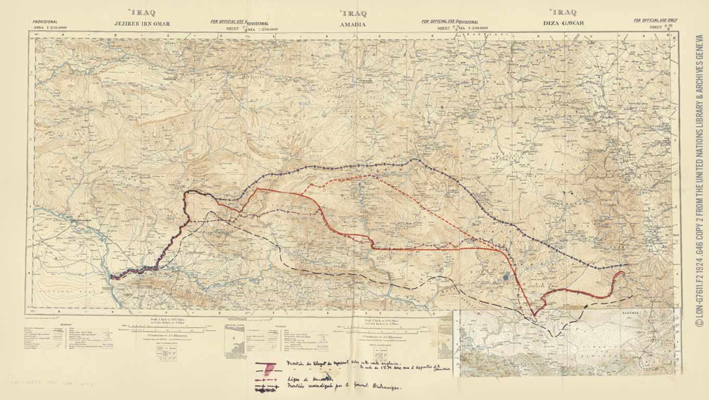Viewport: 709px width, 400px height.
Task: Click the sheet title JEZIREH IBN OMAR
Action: [x=142, y=24]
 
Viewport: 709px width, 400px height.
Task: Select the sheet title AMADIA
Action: [x=352, y=24]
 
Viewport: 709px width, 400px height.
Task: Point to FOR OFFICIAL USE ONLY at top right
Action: [x=655, y=20]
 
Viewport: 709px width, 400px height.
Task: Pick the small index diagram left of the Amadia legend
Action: [x=235, y=340]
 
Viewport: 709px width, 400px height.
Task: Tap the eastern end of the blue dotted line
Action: [x=627, y=265]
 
